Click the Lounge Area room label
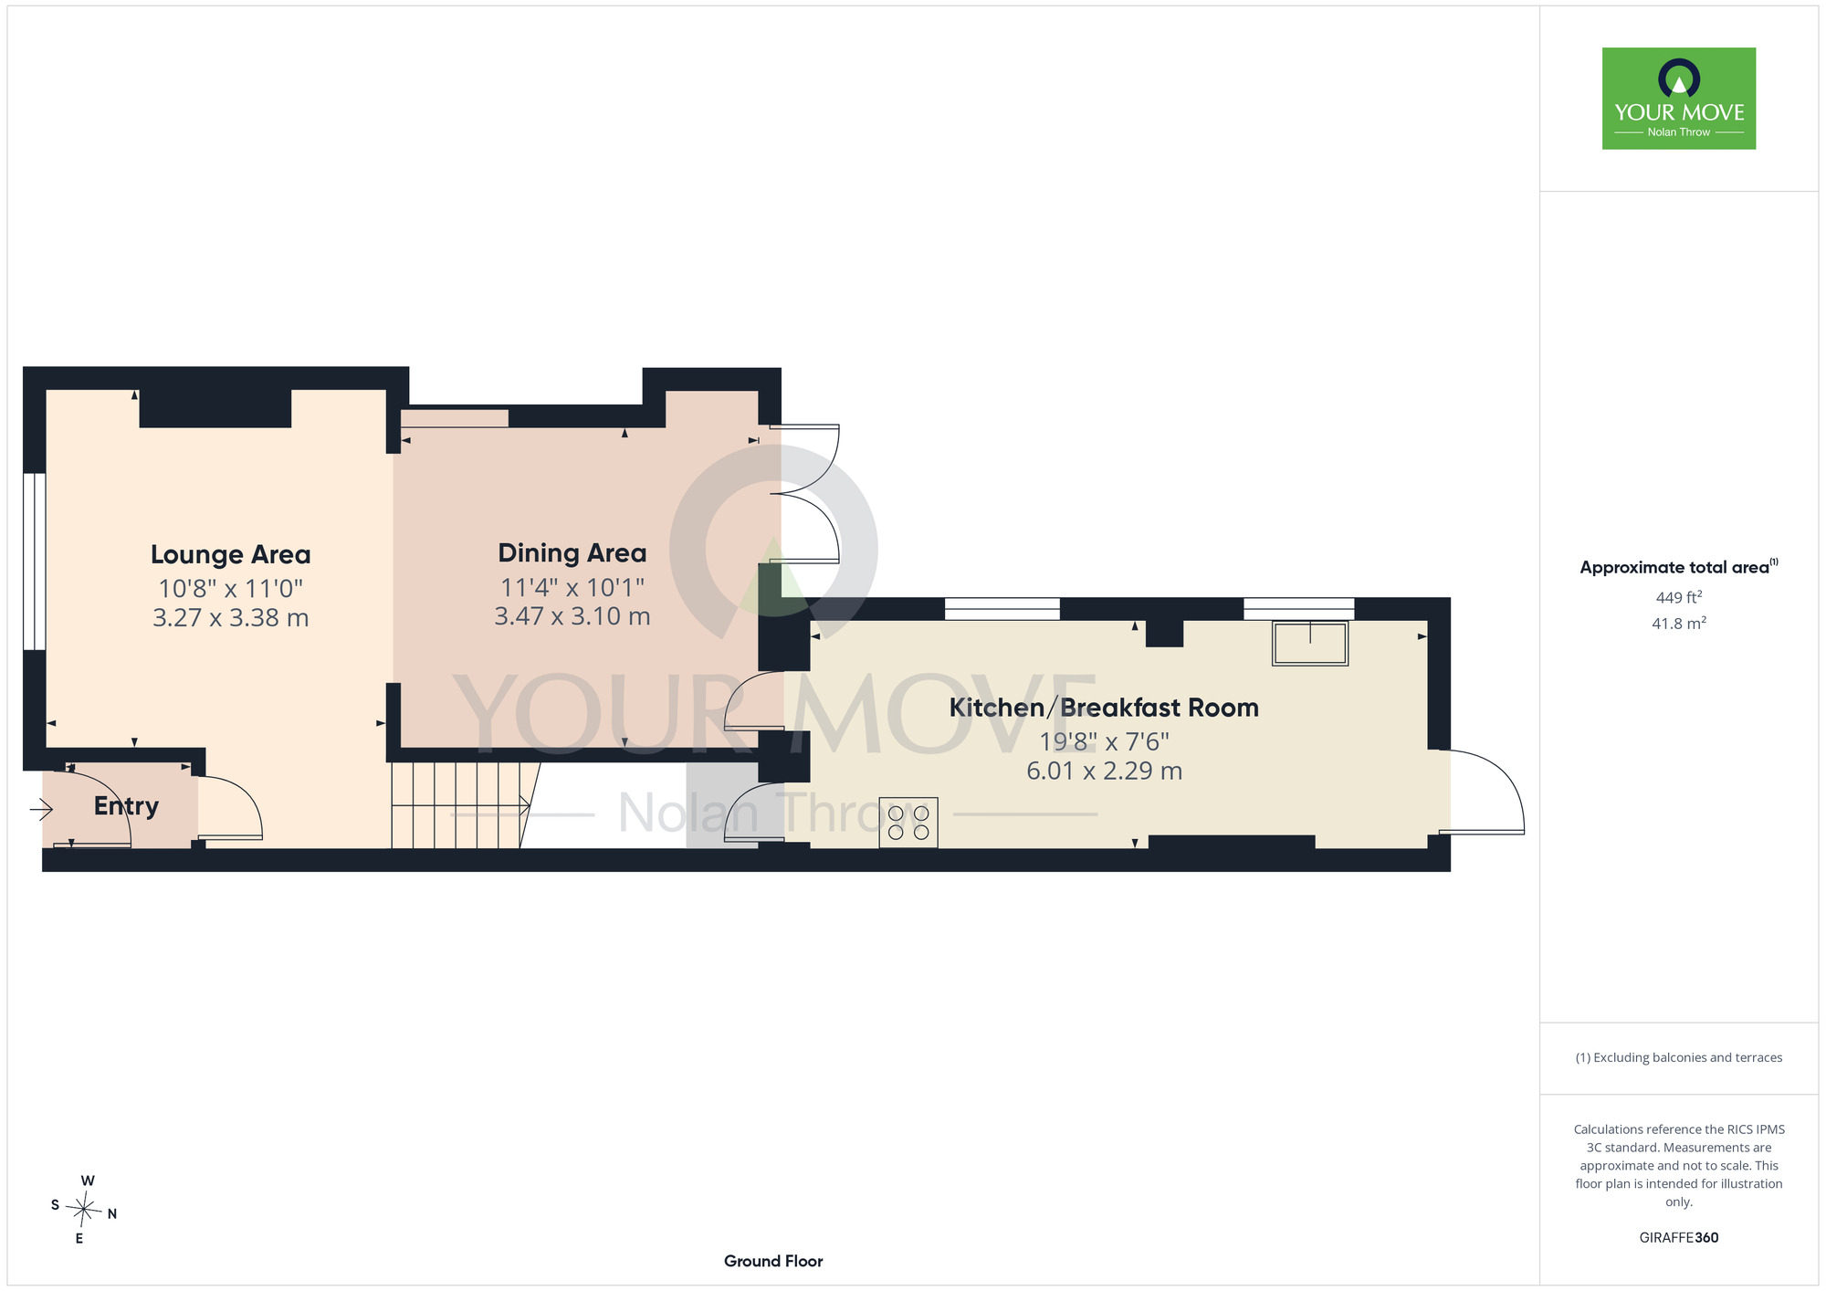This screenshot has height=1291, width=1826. point(230,554)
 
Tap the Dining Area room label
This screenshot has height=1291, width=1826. point(572,552)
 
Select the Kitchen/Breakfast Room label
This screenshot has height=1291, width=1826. point(1104,708)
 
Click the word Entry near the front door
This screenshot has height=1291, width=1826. point(126,806)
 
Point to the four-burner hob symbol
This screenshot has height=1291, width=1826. point(908,823)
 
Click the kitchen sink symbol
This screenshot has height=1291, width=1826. point(1310,643)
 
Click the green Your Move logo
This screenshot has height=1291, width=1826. point(1679,99)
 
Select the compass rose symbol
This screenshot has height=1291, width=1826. point(84,1210)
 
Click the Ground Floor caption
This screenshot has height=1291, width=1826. point(773,1261)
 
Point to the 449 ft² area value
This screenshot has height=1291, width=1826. point(1679,597)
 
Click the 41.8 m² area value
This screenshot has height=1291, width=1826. point(1679,624)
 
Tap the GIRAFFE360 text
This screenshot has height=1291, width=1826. point(1679,1238)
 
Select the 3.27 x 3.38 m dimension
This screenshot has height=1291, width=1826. point(230,618)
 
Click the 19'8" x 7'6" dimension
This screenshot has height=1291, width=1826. point(1104,741)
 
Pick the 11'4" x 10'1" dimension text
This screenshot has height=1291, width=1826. point(572,587)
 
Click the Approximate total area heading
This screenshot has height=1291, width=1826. point(1679,567)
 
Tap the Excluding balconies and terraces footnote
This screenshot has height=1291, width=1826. point(1679,1057)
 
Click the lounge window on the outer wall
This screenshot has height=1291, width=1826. point(34,562)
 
